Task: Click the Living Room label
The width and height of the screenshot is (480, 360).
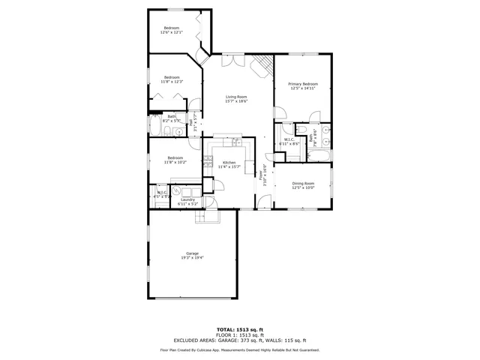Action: (x=238, y=97)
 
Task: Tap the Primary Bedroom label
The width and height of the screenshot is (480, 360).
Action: (x=303, y=83)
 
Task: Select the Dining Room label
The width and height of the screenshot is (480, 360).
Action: (x=303, y=183)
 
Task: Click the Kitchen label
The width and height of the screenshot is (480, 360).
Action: (x=229, y=163)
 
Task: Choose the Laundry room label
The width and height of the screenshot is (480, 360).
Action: (x=187, y=199)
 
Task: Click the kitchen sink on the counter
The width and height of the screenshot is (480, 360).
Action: (x=236, y=141)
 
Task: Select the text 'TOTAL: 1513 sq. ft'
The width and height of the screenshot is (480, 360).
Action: (x=239, y=329)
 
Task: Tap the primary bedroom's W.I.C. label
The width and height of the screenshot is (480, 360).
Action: (x=288, y=139)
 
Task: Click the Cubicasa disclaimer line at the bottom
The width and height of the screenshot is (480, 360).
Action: (x=240, y=349)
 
